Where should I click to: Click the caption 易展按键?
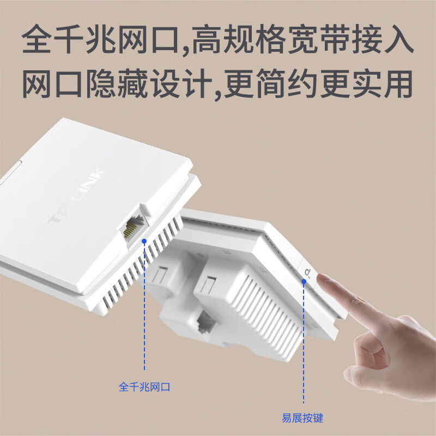pos(302,418)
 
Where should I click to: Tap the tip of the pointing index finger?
pos(323,279)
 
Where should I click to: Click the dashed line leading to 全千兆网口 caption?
pos(144,311)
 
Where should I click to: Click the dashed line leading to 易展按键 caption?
pos(303,349)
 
